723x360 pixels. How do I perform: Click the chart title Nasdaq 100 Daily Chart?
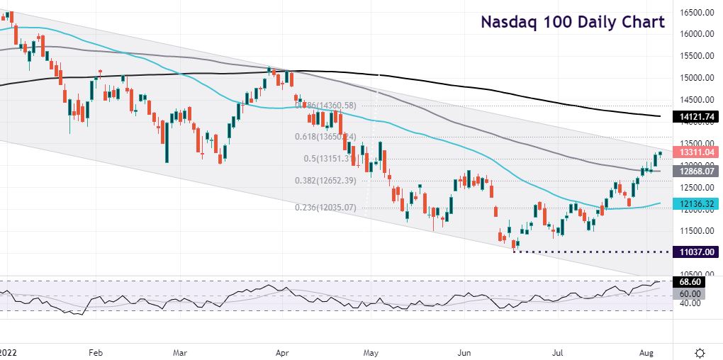(x=573, y=22)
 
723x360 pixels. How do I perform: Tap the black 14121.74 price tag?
(x=696, y=116)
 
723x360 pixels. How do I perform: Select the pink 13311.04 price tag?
(x=696, y=152)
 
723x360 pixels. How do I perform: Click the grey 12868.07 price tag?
(x=696, y=171)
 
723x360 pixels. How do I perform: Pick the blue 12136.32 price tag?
(x=696, y=203)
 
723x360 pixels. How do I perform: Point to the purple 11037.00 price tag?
(x=696, y=252)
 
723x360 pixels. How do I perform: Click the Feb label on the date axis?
(x=96, y=351)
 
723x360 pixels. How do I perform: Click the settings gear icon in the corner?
(x=700, y=351)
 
